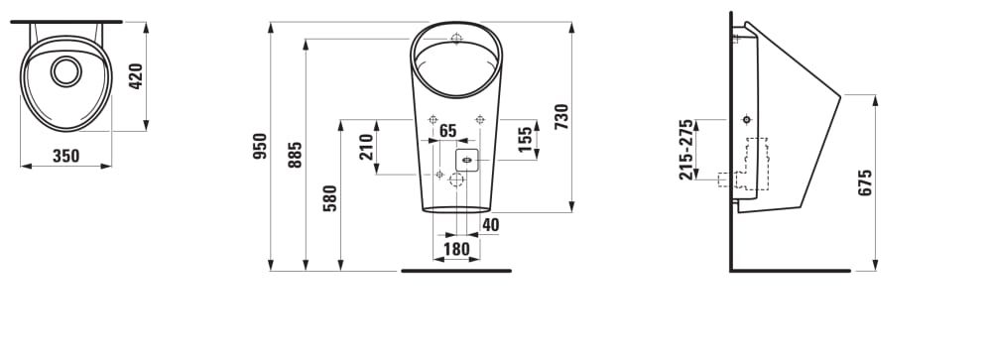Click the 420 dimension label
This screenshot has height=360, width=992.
pyautogui.click(x=135, y=76)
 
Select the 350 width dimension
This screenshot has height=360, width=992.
pyautogui.click(x=65, y=156)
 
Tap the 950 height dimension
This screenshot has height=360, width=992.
pyautogui.click(x=260, y=146)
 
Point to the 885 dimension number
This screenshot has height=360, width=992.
pyautogui.click(x=296, y=155)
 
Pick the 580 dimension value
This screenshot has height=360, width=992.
pyautogui.click(x=330, y=197)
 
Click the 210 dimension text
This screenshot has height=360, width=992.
pyautogui.click(x=366, y=147)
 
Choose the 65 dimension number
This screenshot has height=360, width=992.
pyautogui.click(x=447, y=131)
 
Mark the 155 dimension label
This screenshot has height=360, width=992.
pyautogui.click(x=525, y=139)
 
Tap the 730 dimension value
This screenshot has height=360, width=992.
pyautogui.click(x=561, y=116)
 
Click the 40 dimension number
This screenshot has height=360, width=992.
pyautogui.click(x=490, y=224)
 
